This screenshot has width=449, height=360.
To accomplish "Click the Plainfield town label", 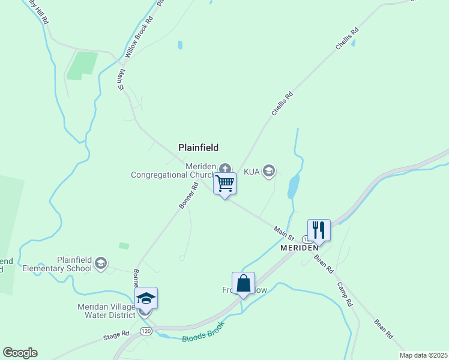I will click(x=198, y=147).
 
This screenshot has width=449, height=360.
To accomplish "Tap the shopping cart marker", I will click(x=224, y=184).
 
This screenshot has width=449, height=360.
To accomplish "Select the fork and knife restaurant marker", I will click(x=319, y=230).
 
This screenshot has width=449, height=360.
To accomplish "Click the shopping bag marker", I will click(x=243, y=283).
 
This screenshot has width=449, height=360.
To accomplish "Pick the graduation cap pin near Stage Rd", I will click(x=146, y=298).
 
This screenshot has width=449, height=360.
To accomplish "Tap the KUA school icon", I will click(x=269, y=172).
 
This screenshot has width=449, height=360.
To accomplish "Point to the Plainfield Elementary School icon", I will click(x=101, y=262).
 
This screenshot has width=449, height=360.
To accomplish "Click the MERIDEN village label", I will click(x=299, y=247).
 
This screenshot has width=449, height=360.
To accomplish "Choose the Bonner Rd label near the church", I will click(x=188, y=196).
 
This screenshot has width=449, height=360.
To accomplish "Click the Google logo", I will click(x=19, y=353).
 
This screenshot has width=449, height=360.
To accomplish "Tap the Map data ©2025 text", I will click(x=423, y=355).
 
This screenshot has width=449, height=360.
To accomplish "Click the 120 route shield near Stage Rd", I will click(x=145, y=331).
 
